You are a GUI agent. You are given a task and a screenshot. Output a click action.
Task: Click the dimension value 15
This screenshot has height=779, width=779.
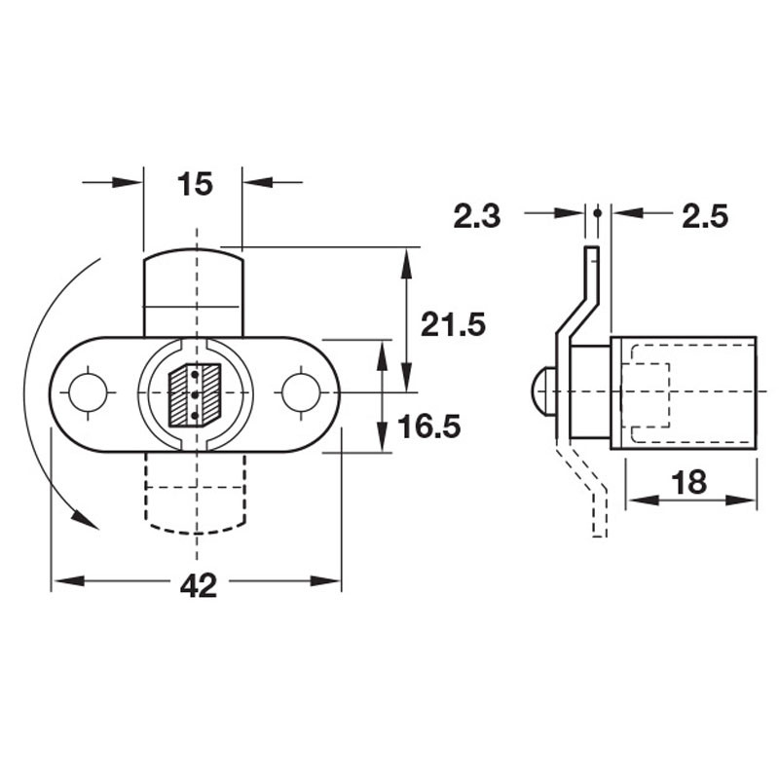(x=195, y=184)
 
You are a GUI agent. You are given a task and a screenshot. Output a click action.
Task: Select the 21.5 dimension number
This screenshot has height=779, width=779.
(x=453, y=323)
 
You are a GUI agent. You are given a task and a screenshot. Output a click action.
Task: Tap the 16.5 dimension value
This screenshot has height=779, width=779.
(x=427, y=426)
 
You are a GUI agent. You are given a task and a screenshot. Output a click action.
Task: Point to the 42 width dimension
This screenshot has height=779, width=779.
(x=198, y=584)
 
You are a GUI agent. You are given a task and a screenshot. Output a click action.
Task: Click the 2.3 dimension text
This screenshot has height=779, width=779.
(x=476, y=216)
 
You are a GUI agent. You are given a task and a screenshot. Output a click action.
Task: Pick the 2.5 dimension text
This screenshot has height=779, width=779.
(x=705, y=216)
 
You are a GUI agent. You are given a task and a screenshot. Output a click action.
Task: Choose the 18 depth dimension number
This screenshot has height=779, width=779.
(x=689, y=482)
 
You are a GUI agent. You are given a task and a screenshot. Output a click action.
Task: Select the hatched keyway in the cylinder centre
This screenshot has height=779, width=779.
(x=195, y=395)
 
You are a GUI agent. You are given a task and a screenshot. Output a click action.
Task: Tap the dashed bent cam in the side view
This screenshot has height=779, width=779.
(x=590, y=492)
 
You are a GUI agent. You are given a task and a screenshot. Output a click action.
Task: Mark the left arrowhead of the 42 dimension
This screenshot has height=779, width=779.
(x=60, y=582)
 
